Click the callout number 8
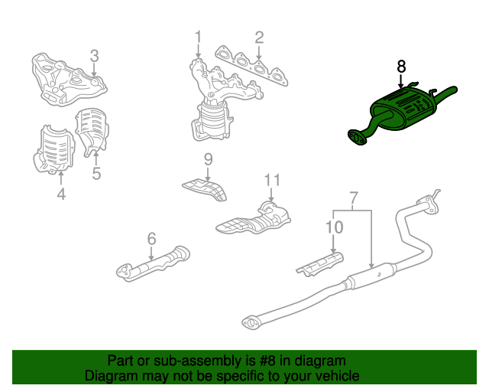401,67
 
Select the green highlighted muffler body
403,108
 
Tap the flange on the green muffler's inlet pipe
357,138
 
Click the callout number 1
199,38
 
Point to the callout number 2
259,38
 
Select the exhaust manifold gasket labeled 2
251,66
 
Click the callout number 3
94,56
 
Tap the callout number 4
61,194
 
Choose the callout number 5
96,174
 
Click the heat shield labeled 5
92,131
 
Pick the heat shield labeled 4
53,149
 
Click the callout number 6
151,239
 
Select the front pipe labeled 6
153,264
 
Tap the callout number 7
353,198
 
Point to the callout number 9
209,159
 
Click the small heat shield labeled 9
205,190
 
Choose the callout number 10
335,227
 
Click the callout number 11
272,180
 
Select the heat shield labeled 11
253,218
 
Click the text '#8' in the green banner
267,361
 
